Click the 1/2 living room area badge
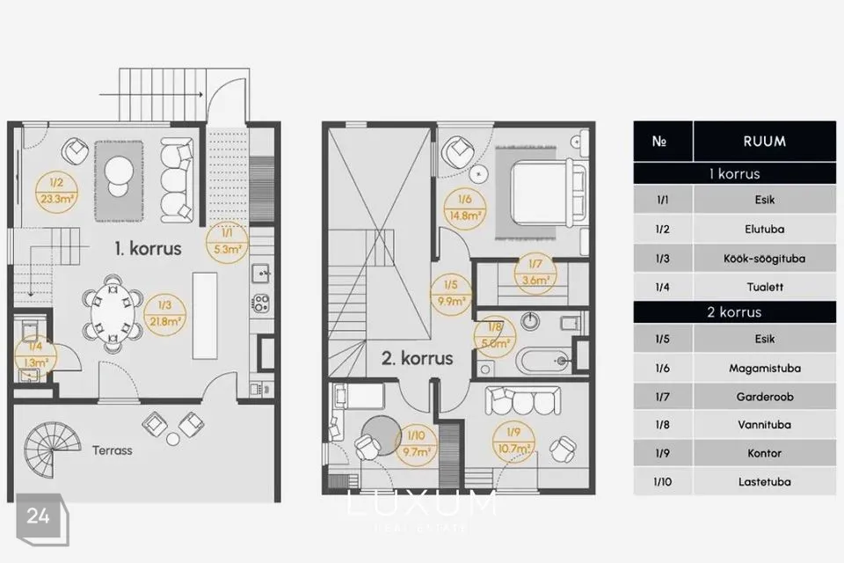(56, 191)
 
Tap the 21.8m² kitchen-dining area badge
(164, 315)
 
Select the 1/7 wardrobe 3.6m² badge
(535, 274)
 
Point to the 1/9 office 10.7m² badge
(513, 442)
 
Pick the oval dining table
(113, 314)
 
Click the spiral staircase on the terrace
(52, 450)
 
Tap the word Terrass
(112, 450)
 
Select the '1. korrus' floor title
(148, 249)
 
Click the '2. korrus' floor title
(417, 358)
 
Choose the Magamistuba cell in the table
(764, 369)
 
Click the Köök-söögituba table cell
(764, 259)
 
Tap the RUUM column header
(764, 141)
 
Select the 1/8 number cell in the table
(663, 425)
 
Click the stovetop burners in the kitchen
(261, 303)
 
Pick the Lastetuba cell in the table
(764, 482)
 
